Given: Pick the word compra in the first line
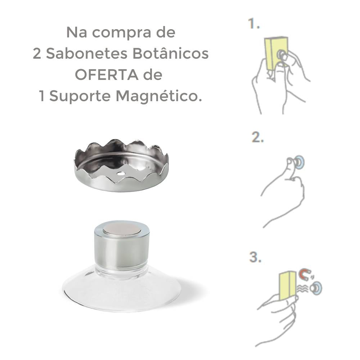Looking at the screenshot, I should (121, 32).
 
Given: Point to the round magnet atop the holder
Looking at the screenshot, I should (122, 229).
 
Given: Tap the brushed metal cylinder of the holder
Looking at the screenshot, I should (122, 248).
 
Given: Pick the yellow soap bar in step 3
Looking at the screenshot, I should (287, 285).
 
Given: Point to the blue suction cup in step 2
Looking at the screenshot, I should (299, 162).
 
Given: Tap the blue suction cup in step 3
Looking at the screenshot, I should (317, 287).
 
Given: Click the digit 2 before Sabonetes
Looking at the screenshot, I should (37, 54).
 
